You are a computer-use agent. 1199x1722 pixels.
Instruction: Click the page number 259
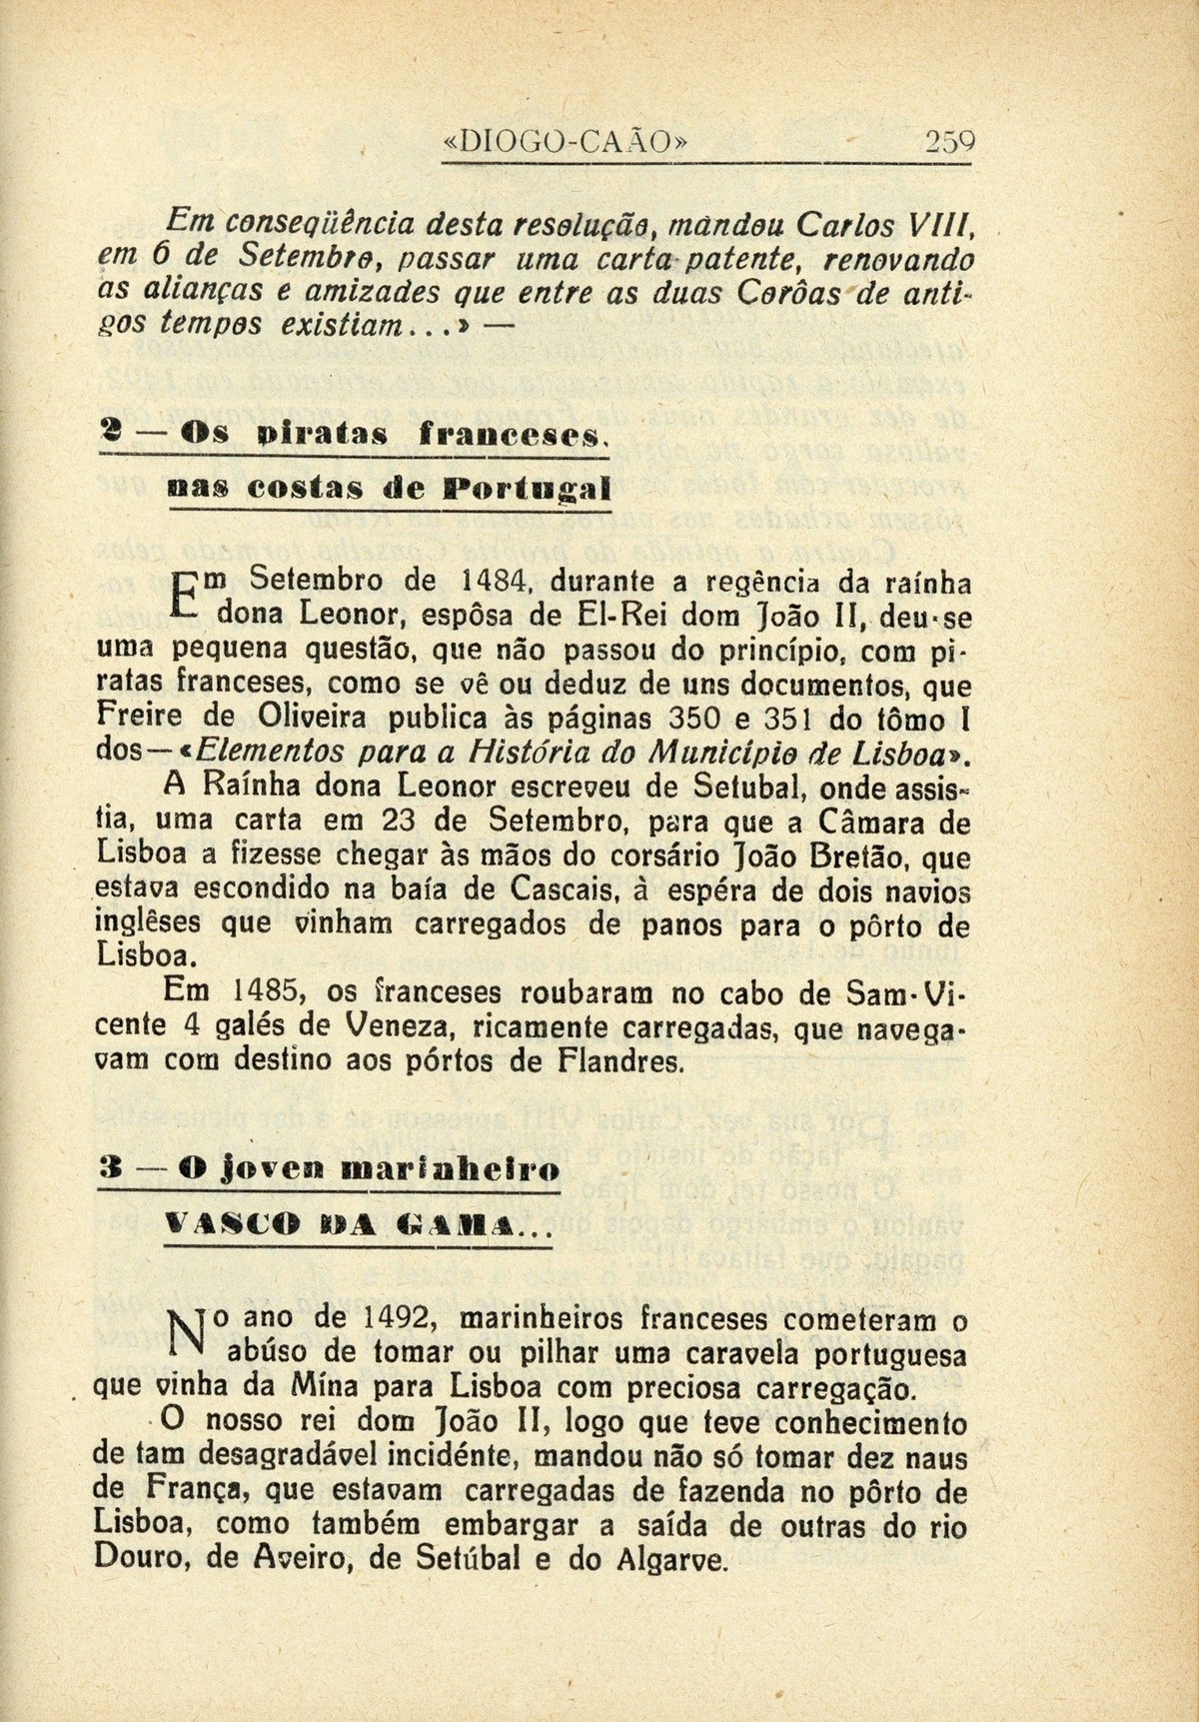coord(948,141)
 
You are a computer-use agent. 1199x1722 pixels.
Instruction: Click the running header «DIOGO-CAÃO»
coord(566,141)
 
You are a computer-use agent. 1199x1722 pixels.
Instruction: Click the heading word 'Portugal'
coord(528,490)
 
